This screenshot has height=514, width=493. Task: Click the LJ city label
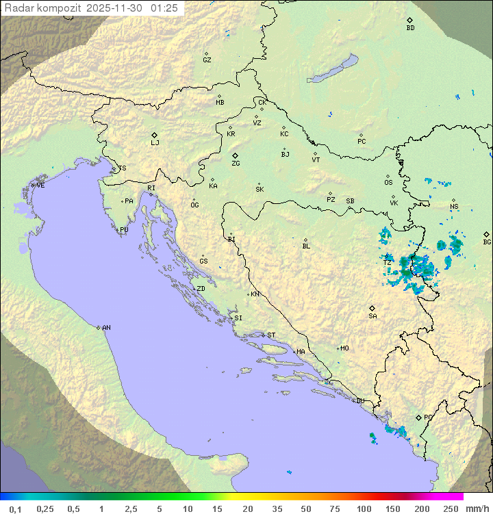pyautogui.click(x=155, y=143)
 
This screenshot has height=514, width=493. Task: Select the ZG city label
pyautogui.click(x=236, y=164)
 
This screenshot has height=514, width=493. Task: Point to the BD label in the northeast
pyautogui.click(x=410, y=28)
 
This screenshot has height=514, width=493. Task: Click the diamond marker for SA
pyautogui.click(x=372, y=308)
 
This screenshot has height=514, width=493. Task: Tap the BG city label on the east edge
pyautogui.click(x=487, y=242)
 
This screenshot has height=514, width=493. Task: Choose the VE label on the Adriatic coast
pyautogui.click(x=40, y=185)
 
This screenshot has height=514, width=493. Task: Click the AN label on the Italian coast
pyautogui.click(x=106, y=328)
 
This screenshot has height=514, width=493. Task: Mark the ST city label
pyautogui.click(x=271, y=335)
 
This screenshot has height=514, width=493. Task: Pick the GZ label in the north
pyautogui.click(x=207, y=60)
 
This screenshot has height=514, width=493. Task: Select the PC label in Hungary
pyautogui.click(x=362, y=142)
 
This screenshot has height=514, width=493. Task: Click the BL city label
pyautogui.click(x=306, y=246)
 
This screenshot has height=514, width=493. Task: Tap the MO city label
pyautogui.click(x=344, y=348)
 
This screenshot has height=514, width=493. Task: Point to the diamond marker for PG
pyautogui.click(x=418, y=417)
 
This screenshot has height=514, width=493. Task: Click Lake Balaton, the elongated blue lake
pyautogui.click(x=333, y=69)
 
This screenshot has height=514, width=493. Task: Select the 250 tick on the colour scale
pyautogui.click(x=450, y=509)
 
